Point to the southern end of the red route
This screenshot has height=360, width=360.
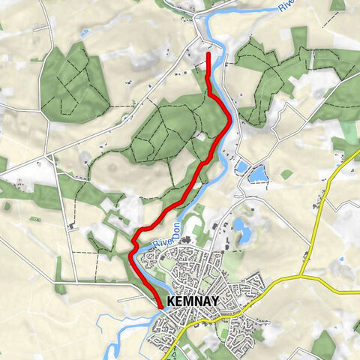tap(160, 306)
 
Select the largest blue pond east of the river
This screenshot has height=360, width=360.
tap(257, 174)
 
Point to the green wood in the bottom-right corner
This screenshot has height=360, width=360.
tap(330, 345)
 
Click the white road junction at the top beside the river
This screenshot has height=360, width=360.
tap(199, 34)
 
